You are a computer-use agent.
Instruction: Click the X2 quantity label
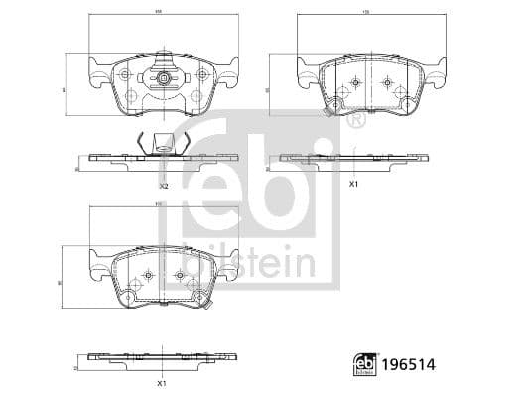point(164,186)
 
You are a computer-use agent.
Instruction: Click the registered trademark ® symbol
point(354,120)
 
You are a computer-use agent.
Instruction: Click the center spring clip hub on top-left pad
point(164,77)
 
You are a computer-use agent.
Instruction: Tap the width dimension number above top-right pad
point(365,13)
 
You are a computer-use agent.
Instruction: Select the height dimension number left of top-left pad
point(64,89)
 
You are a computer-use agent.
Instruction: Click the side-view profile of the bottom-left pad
point(163,357)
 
